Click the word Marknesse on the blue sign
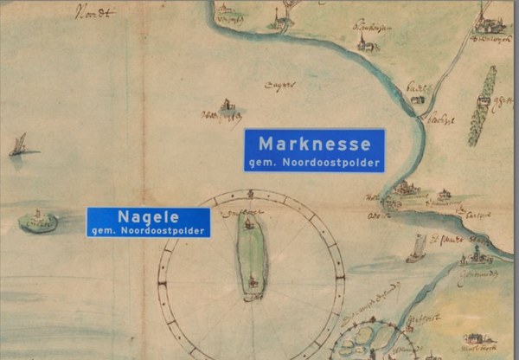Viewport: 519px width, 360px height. click(x=314, y=143)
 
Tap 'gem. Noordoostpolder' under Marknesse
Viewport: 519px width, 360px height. click(x=314, y=162)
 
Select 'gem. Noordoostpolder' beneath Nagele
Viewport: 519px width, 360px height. click(x=148, y=231)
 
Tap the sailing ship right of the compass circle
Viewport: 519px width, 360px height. click(x=416, y=248)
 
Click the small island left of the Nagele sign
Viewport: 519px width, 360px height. click(x=38, y=222)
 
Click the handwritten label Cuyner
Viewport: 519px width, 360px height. click(x=284, y=85)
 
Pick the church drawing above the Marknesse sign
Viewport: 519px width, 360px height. click(x=227, y=108)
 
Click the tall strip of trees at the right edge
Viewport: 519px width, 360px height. click(x=483, y=106)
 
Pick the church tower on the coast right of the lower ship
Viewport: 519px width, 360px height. click(x=475, y=255)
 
